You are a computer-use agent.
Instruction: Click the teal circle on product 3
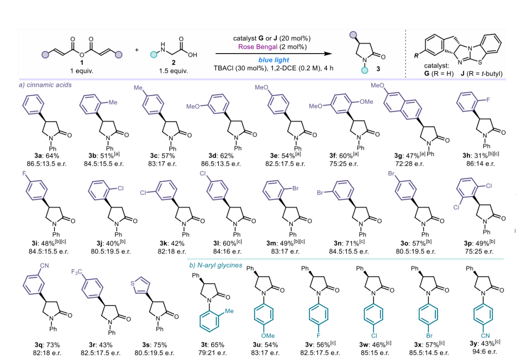pos(365,70)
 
